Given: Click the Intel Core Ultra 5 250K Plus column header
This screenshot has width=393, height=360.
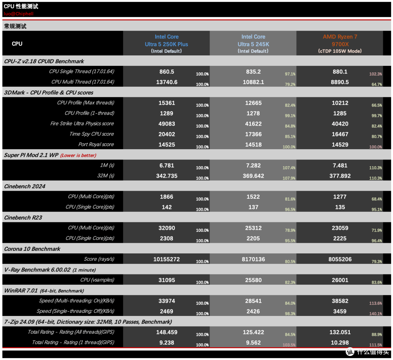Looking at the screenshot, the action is click(x=166, y=44).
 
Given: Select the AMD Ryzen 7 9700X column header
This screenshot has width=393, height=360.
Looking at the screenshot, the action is click(x=340, y=44).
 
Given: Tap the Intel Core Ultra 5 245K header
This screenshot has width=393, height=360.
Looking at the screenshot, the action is click(x=253, y=44).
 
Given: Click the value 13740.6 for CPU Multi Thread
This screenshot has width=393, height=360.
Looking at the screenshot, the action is click(x=167, y=82).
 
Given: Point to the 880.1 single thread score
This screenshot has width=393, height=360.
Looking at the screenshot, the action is click(x=340, y=72).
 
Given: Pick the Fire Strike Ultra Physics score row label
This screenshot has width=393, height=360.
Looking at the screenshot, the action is click(x=82, y=124).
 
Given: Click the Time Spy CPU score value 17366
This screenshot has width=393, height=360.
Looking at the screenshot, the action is click(x=253, y=134).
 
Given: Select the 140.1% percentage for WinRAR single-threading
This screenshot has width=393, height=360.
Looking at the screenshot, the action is click(x=376, y=314).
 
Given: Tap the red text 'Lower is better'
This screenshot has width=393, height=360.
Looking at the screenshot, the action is click(x=78, y=155).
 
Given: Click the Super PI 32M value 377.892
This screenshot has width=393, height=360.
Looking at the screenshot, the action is click(x=340, y=176).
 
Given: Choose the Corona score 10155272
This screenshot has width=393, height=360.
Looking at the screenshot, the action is click(x=166, y=259).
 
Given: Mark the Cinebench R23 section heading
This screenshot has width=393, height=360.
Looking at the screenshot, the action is click(x=23, y=218).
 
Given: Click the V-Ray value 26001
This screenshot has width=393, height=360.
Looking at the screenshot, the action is click(x=340, y=280).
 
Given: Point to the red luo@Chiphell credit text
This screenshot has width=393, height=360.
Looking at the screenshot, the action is click(x=19, y=14).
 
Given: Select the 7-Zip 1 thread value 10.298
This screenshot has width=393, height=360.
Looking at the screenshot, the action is click(x=340, y=343).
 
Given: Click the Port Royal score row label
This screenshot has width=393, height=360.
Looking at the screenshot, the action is click(x=96, y=145).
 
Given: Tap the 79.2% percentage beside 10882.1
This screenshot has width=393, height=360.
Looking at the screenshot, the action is click(x=290, y=84).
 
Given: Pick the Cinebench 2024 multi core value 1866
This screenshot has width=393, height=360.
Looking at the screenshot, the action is click(x=166, y=197).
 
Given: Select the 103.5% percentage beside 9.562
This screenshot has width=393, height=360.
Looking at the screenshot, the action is click(x=289, y=345).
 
